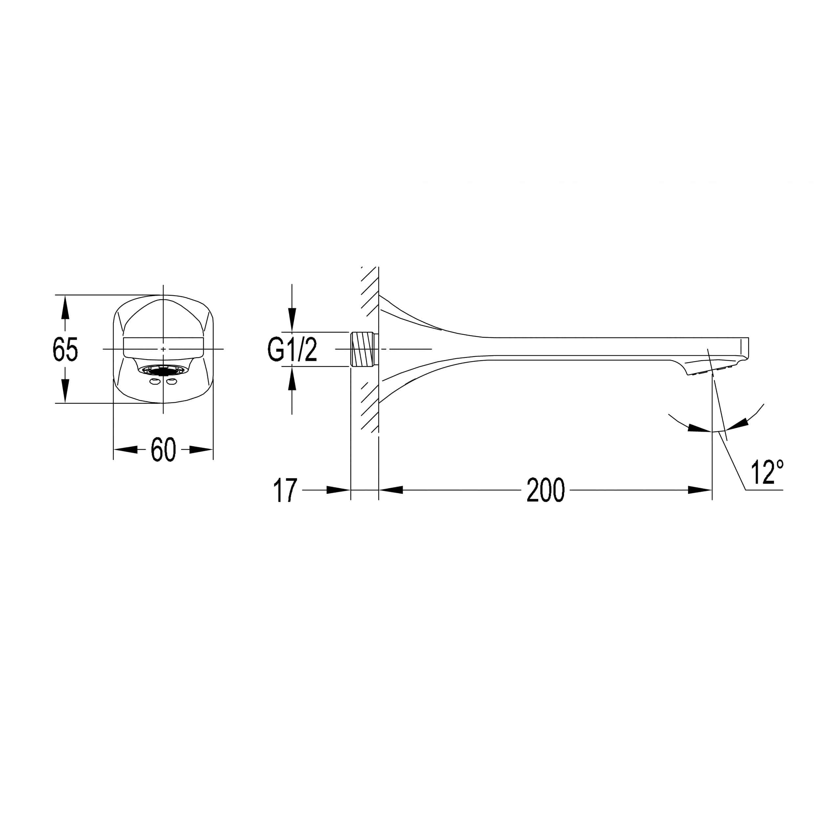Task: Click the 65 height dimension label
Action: (65, 349)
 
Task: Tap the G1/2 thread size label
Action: (292, 350)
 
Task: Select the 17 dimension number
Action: (285, 491)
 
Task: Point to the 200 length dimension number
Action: (546, 491)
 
